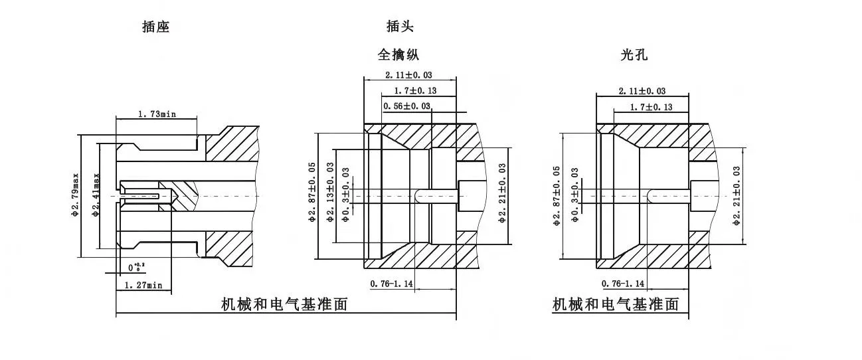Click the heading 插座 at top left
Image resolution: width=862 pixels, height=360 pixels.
(x=155, y=27)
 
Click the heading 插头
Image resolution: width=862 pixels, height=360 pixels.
(x=400, y=27)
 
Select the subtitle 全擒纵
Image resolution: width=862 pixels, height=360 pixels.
(x=398, y=54)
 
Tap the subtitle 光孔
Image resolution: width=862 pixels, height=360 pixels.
(x=634, y=55)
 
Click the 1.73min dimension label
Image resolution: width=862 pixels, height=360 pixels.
(x=157, y=114)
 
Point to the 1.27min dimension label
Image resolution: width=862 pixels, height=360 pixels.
(x=143, y=285)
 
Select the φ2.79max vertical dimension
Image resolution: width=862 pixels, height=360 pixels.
(x=76, y=195)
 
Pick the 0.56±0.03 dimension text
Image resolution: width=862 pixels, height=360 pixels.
(x=407, y=106)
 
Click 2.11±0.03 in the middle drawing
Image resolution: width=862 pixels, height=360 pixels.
(x=409, y=75)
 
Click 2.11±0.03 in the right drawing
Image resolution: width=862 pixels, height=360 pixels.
(x=642, y=91)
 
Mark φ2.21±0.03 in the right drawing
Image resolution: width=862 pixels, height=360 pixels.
(x=736, y=197)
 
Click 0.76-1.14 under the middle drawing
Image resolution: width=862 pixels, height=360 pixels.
(x=391, y=284)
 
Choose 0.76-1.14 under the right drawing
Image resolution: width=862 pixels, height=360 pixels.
(x=623, y=284)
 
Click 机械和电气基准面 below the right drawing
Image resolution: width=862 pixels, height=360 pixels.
(x=616, y=305)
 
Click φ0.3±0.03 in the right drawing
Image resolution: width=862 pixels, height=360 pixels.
(x=575, y=194)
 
